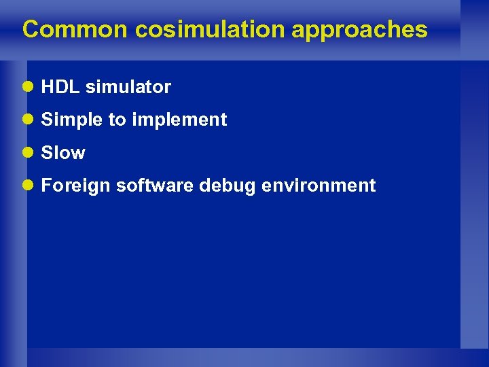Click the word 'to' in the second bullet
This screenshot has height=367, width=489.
tap(117, 120)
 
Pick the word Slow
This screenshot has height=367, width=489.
tap(63, 153)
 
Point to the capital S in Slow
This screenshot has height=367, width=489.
tap(46, 153)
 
